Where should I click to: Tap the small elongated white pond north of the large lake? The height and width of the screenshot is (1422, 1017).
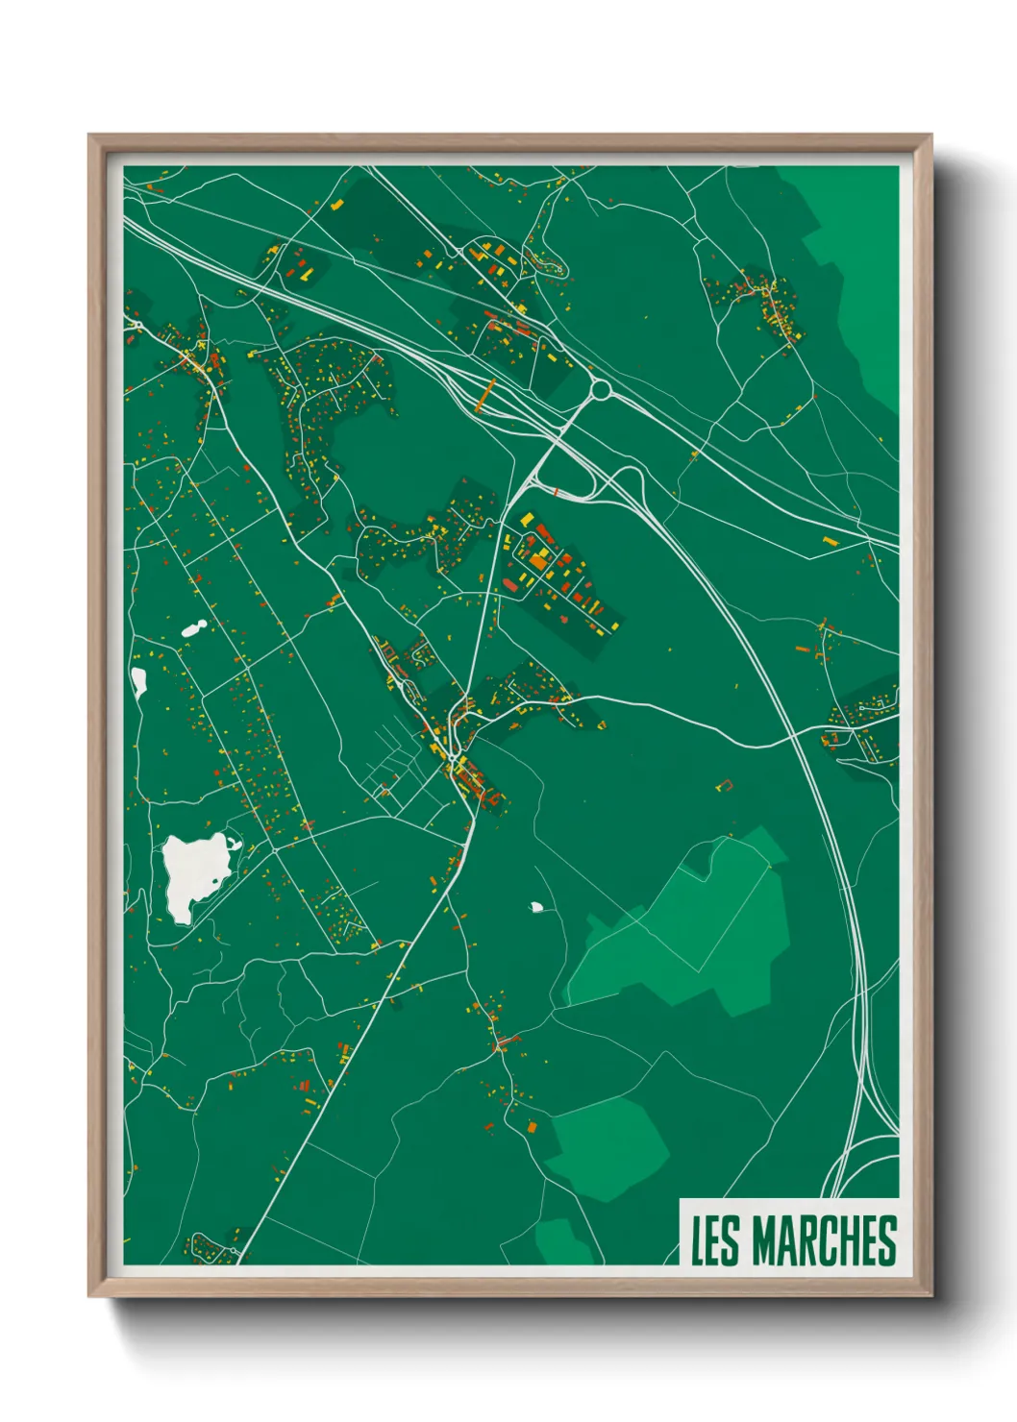[x=194, y=628]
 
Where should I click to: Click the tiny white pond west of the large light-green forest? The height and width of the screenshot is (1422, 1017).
[x=536, y=906]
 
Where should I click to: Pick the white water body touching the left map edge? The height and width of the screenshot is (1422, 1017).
[x=138, y=681]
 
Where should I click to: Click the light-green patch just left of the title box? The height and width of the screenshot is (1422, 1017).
[x=608, y=1143]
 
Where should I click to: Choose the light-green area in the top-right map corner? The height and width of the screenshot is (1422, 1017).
[x=860, y=279]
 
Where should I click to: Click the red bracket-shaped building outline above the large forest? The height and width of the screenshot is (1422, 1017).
[x=726, y=785]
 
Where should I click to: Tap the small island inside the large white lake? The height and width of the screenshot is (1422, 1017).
[x=232, y=846]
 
